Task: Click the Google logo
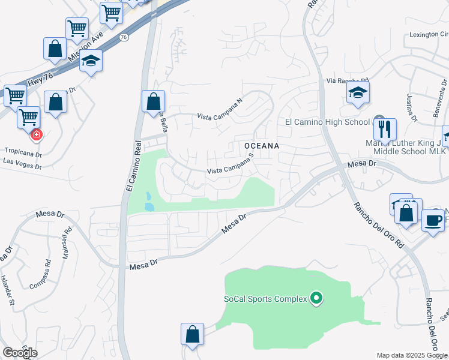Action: pos(20,353)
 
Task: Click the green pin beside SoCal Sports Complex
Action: pos(317,298)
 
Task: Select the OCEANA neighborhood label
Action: pos(262,146)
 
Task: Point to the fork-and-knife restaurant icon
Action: pos(385,129)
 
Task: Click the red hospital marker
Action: pos(36,134)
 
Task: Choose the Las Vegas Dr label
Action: pos(22,161)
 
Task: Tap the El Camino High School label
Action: pos(327,122)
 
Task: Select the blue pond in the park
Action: pos(148,202)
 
